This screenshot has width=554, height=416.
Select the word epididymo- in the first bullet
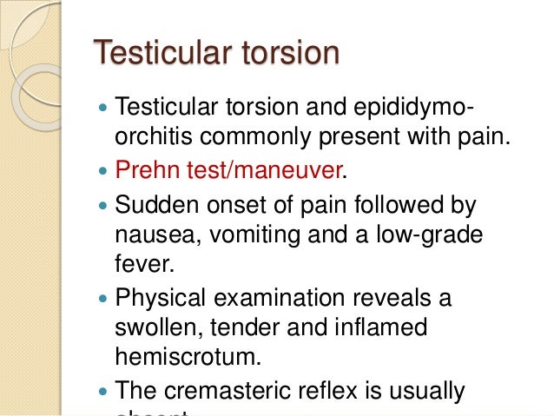tap(409, 110)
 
